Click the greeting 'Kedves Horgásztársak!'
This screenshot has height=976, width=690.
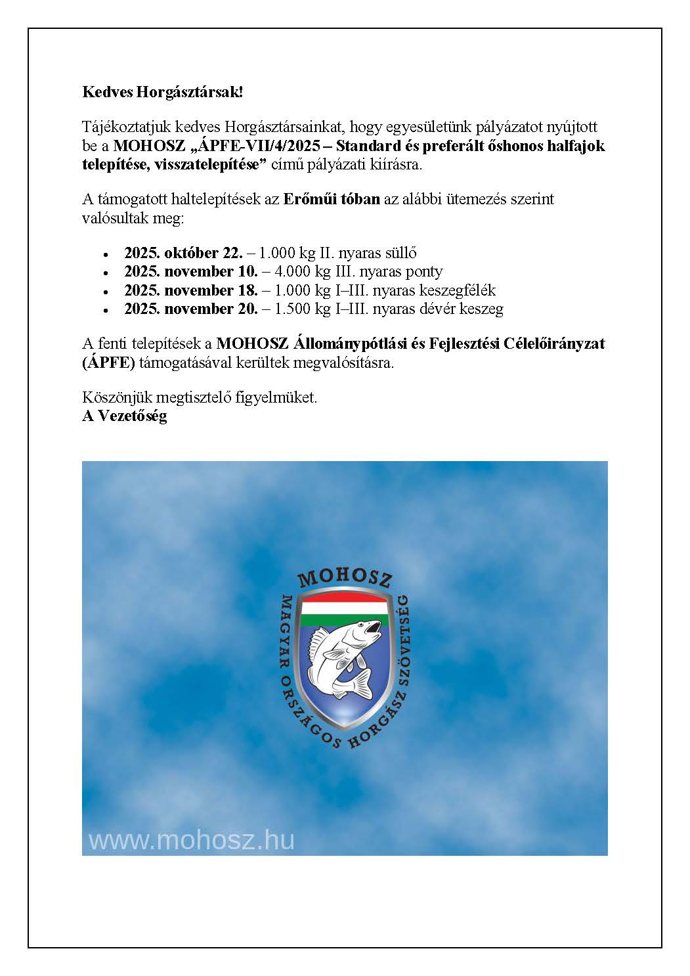(x=162, y=92)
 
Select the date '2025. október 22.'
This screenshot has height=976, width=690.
(x=183, y=253)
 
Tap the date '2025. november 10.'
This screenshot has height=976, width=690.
(x=190, y=271)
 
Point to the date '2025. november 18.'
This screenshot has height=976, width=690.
(x=190, y=290)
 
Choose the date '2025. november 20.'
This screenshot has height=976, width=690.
(x=190, y=309)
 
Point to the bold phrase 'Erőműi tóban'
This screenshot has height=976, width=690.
(x=332, y=199)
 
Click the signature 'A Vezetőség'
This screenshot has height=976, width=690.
(x=125, y=416)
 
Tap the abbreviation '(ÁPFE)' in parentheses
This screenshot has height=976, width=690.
(x=108, y=363)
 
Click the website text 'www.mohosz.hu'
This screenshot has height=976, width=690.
(x=192, y=840)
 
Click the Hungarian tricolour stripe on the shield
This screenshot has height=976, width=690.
(x=345, y=607)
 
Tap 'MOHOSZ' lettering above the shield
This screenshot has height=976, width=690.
(x=345, y=577)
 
